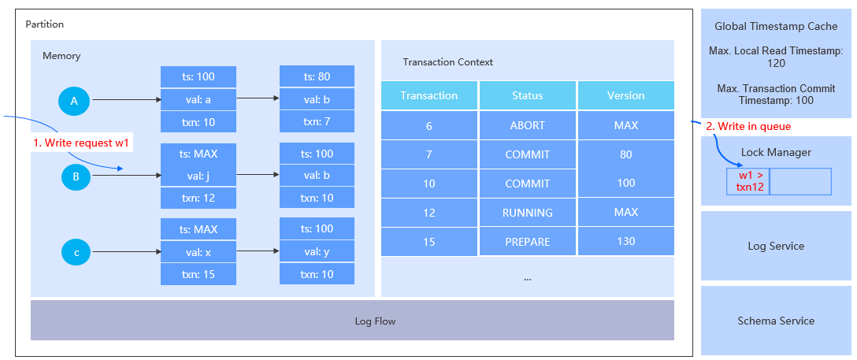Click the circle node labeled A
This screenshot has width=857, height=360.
click(75, 100)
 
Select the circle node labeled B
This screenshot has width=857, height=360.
click(76, 176)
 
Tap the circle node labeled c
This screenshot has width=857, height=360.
click(76, 253)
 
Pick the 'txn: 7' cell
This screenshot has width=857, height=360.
click(317, 121)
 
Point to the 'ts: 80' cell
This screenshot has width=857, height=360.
click(317, 76)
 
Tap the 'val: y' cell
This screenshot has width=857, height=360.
click(317, 251)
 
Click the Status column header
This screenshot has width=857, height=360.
click(527, 95)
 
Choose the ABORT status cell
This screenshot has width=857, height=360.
click(527, 125)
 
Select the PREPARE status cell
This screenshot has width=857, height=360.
click(527, 241)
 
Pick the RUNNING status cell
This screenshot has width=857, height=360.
click(527, 212)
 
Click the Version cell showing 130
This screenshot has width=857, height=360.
click(625, 241)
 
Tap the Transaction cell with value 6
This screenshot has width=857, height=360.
click(428, 125)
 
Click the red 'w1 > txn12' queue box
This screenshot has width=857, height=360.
click(748, 181)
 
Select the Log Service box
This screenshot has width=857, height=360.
click(775, 246)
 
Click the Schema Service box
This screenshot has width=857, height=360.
click(775, 321)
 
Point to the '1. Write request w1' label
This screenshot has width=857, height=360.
click(81, 143)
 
